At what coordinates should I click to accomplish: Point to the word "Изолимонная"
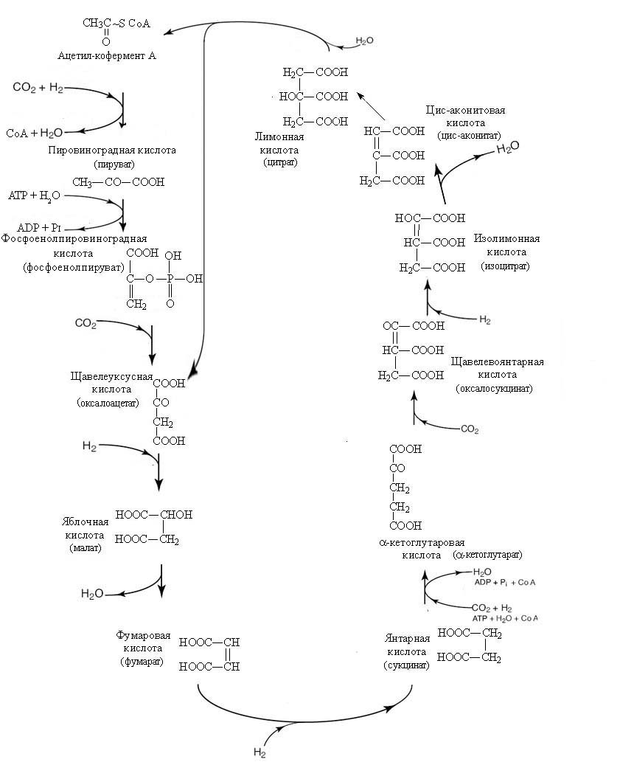click(506, 239)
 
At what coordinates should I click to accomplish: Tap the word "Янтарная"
click(405, 639)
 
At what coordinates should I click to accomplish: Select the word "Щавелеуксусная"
click(108, 377)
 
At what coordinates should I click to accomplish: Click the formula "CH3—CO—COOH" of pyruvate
click(118, 182)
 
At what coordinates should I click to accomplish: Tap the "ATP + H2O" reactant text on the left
click(35, 196)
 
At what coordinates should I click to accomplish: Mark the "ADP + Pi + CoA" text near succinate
click(505, 583)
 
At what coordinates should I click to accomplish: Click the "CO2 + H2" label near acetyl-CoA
click(38, 88)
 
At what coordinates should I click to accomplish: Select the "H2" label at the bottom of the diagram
click(259, 752)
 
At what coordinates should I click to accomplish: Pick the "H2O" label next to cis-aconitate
click(508, 148)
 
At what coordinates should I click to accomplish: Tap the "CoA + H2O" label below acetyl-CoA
click(35, 133)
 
